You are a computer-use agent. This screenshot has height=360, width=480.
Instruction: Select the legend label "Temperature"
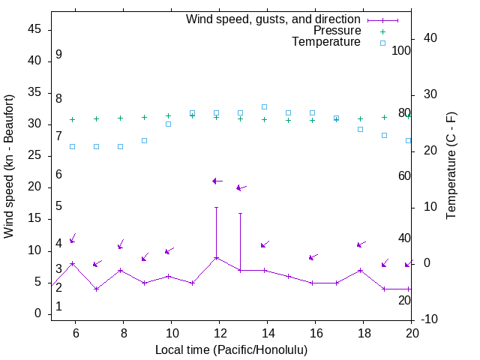click(x=326, y=42)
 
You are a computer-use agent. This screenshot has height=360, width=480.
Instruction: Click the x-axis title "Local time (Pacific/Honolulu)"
click(x=231, y=349)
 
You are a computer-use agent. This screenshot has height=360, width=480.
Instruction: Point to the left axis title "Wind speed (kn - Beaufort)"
click(x=9, y=166)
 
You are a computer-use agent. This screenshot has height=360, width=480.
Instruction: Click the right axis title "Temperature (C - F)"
click(x=451, y=166)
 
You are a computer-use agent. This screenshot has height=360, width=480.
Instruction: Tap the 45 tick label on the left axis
click(x=34, y=29)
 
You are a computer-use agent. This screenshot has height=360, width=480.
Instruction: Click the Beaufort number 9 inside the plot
click(x=58, y=55)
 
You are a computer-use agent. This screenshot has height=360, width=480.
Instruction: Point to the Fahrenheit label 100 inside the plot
click(x=402, y=50)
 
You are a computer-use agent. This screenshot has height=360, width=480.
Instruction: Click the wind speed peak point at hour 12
click(x=216, y=257)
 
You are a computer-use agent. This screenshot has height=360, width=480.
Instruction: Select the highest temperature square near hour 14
click(x=264, y=107)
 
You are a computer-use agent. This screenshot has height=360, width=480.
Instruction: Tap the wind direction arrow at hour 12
click(x=217, y=181)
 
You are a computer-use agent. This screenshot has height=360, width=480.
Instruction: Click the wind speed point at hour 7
click(x=96, y=289)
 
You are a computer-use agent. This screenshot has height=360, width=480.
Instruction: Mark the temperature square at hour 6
click(x=72, y=146)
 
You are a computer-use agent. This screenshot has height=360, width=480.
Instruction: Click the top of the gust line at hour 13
click(x=240, y=213)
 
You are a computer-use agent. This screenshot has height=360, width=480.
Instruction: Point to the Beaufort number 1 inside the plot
click(x=58, y=307)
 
